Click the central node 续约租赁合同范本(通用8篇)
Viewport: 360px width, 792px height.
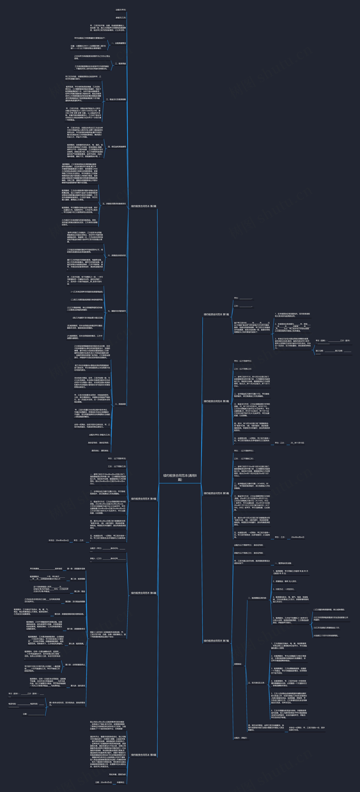click(180, 477)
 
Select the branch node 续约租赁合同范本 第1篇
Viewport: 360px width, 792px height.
click(216, 315)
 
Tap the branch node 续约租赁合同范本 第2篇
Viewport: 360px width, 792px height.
click(144, 206)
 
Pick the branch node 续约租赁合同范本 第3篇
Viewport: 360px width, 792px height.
click(216, 401)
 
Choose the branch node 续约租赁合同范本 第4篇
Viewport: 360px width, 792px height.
click(144, 499)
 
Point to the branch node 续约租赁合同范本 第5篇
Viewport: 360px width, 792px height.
click(216, 493)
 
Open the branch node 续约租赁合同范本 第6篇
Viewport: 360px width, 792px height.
click(144, 593)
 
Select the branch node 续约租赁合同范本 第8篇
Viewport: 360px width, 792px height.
click(144, 755)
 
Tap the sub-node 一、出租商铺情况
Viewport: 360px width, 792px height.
click(118, 43)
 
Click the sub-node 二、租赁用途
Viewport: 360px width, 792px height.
click(120, 64)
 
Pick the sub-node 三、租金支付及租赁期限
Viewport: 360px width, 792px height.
click(116, 100)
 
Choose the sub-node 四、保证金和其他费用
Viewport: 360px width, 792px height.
click(117, 147)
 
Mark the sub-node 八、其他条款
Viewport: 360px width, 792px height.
click(120, 404)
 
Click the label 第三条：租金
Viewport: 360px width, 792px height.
click(80, 591)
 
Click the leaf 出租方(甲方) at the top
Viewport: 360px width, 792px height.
click(121, 10)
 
